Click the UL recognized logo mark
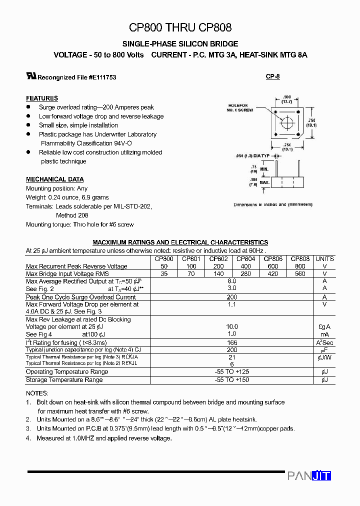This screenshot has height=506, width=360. [31, 76]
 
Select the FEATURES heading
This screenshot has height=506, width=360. [42, 98]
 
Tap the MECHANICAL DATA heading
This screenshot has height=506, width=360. [54, 179]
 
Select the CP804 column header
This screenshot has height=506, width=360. [245, 259]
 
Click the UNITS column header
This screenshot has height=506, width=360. [324, 259]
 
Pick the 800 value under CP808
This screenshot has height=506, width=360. [300, 266]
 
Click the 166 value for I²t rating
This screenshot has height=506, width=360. [231, 342]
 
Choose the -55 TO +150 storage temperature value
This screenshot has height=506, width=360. [231, 380]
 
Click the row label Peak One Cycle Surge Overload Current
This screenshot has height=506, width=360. [80, 297]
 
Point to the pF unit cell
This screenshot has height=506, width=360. [324, 350]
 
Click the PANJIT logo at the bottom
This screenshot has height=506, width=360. [309, 476]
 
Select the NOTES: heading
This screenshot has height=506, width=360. [37, 393]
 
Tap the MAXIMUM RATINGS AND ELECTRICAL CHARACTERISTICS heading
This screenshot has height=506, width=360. [180, 242]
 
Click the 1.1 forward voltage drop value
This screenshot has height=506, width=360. [231, 304]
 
